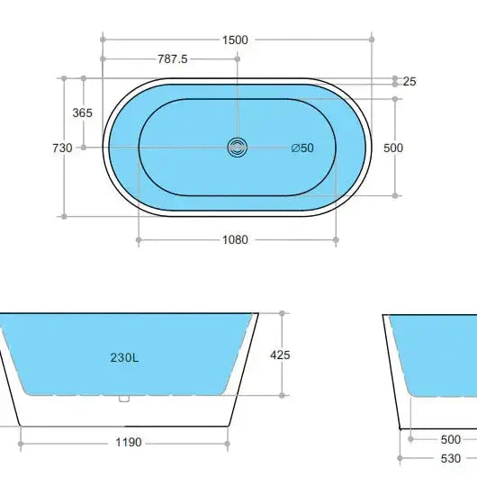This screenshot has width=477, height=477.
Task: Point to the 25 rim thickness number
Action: point(409,82)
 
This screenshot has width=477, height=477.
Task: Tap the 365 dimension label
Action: point(83,113)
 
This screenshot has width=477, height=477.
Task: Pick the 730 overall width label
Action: point(62,148)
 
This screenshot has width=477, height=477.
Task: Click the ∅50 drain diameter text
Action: point(302,148)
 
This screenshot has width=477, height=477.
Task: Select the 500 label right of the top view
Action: point(393,148)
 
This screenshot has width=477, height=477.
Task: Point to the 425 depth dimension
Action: point(280,355)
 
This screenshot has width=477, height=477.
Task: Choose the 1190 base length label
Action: point(127,443)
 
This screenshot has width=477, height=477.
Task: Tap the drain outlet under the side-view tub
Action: point(125,399)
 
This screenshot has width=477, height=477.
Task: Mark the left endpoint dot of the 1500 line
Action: point(103,39)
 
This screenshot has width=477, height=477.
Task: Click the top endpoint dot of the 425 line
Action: point(283,313)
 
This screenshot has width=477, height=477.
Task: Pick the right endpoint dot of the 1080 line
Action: point(337,239)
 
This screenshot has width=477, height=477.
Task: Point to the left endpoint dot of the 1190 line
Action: point(21,442)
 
